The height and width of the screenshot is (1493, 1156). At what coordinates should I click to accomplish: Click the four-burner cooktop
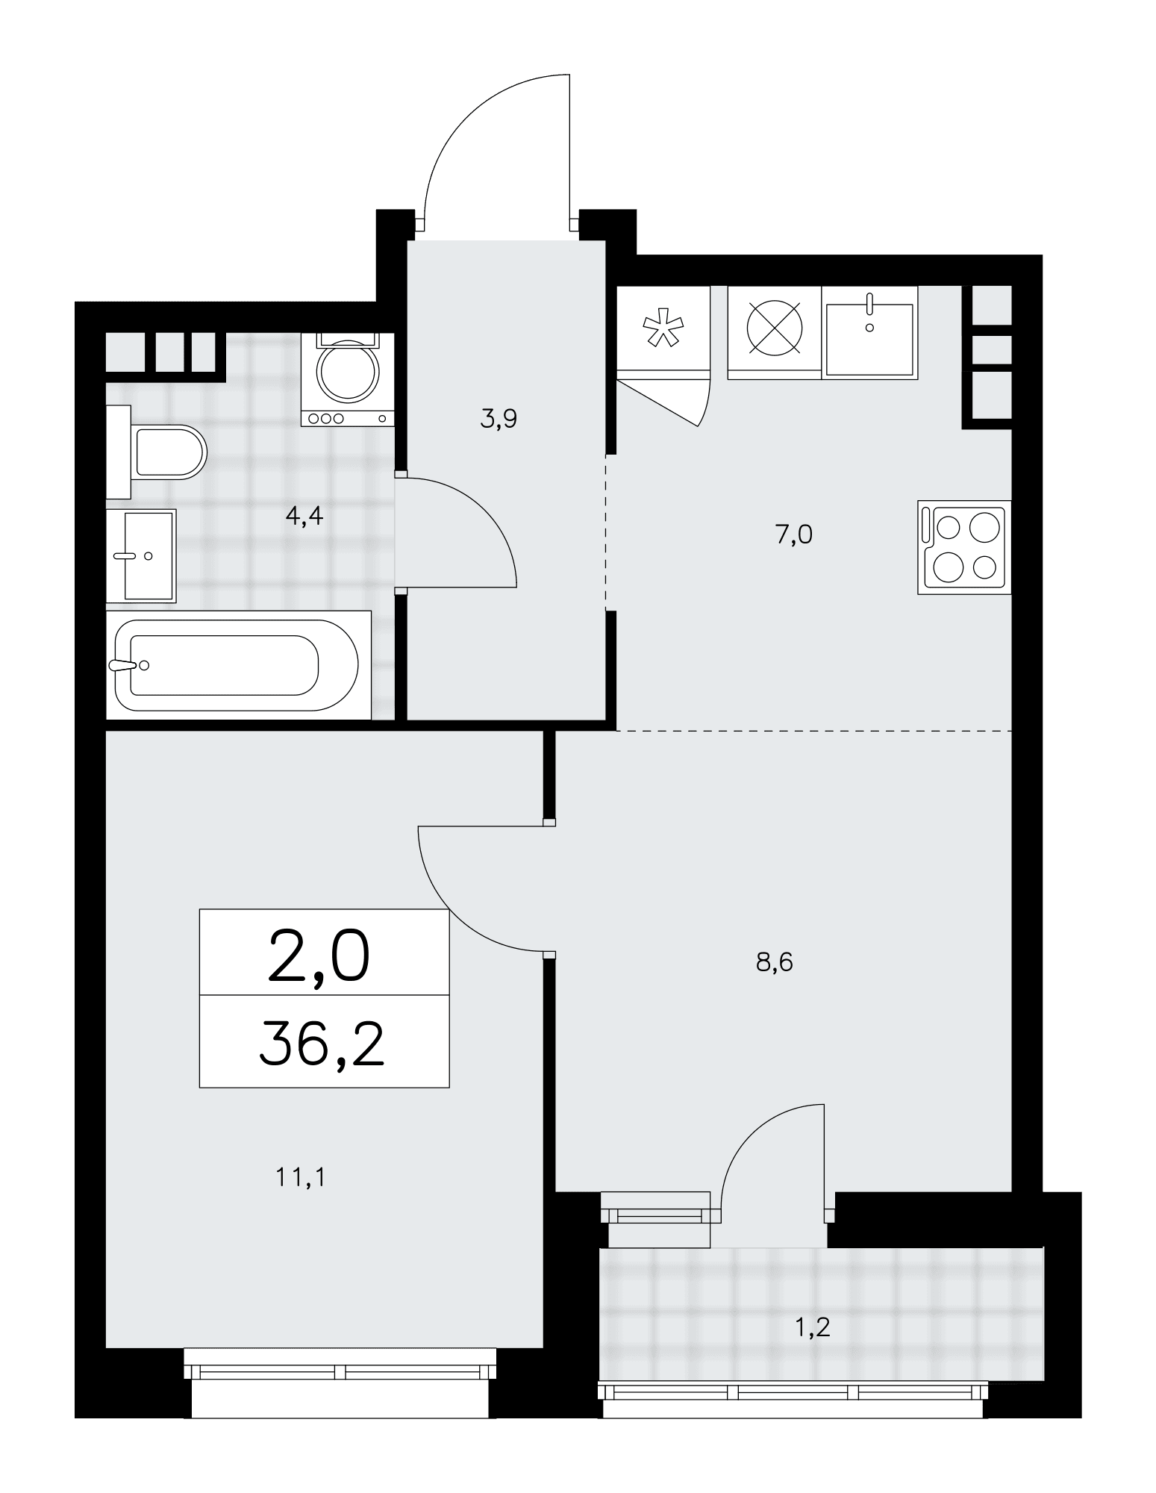(x=964, y=547)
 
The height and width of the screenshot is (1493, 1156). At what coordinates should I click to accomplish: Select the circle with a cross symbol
(x=775, y=328)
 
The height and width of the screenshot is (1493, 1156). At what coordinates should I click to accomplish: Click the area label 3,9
(x=499, y=420)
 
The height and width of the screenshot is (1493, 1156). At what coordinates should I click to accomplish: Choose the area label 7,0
(x=793, y=534)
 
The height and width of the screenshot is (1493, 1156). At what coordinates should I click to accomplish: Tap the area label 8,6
(x=774, y=963)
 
